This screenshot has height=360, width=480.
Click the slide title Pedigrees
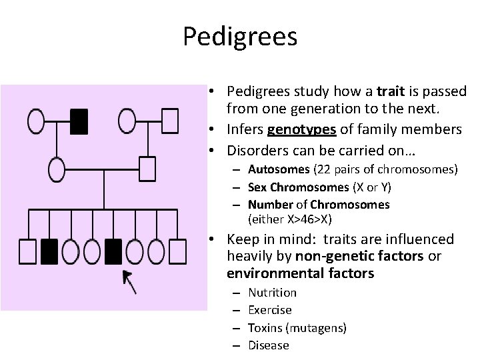tap(240, 36)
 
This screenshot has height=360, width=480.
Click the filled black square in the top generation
tap(79, 121)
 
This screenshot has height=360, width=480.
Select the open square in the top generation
tap(171, 121)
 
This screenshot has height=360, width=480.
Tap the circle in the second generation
tap(57, 169)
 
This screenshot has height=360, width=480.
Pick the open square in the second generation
tap(147, 168)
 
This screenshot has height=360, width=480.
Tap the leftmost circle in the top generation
tap(36, 121)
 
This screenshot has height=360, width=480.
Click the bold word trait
tap(390, 91)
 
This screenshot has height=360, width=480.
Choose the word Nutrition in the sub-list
tap(272, 292)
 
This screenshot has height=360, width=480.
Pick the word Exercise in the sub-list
tap(269, 309)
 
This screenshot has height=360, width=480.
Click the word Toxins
tap(265, 327)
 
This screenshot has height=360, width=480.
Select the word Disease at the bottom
tap(268, 345)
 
